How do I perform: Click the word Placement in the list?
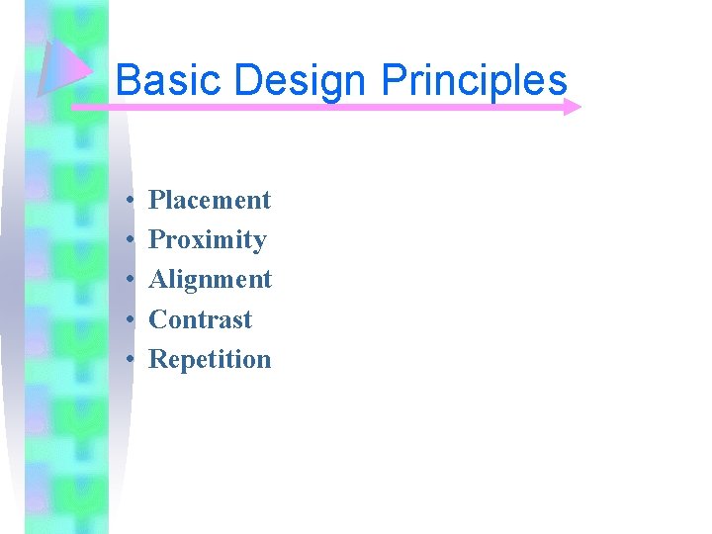[209, 200]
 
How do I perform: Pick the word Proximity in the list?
[207, 240]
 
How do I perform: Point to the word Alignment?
[210, 280]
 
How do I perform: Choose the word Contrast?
[200, 319]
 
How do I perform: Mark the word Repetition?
[209, 359]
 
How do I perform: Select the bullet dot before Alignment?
[131, 281]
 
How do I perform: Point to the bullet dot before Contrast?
[131, 320]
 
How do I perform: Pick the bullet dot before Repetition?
[131, 360]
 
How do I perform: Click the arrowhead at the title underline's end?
[572, 107]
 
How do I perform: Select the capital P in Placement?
[156, 200]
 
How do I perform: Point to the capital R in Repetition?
[157, 359]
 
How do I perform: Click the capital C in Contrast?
[157, 319]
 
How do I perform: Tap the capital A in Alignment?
[158, 280]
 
